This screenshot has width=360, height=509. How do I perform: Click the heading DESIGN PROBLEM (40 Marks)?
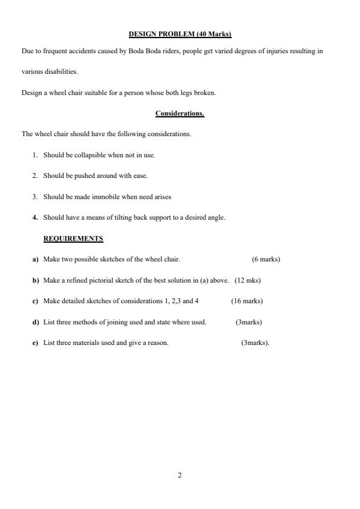[180, 34]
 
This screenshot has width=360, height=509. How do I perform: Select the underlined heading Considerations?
[180, 114]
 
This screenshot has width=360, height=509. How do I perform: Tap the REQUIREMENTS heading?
[73, 238]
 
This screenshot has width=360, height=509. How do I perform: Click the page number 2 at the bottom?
[180, 475]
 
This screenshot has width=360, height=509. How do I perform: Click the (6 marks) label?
[266, 260]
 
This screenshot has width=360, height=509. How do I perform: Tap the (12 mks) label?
[247, 280]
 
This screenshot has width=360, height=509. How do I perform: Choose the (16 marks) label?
[247, 301]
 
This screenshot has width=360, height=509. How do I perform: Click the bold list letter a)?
[36, 260]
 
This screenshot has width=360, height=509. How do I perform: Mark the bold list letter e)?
[36, 343]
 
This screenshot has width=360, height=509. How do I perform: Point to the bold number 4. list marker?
[36, 217]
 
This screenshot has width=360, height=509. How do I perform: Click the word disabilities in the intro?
[64, 72]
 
